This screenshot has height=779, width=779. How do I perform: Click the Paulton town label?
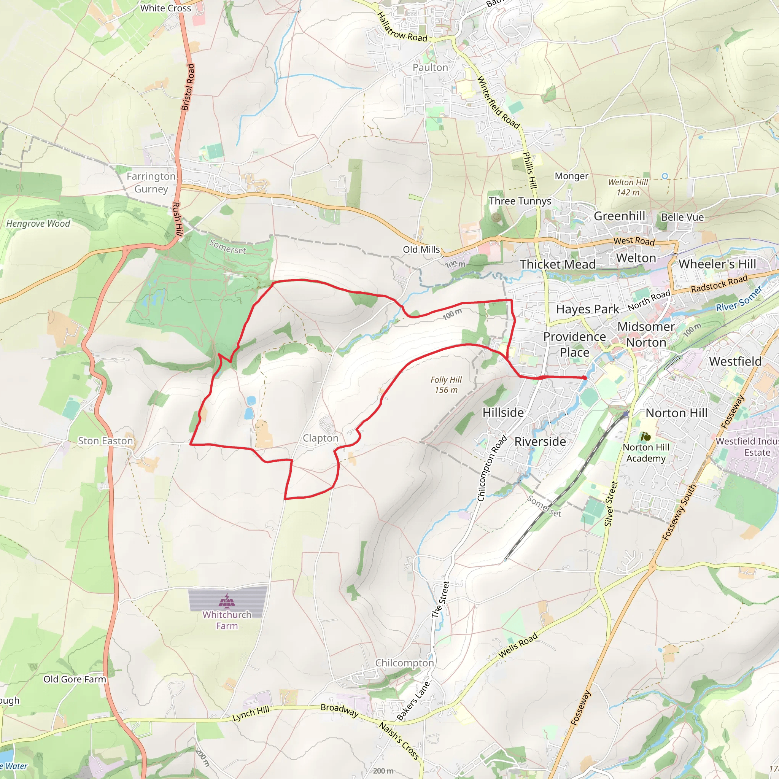click(430, 67)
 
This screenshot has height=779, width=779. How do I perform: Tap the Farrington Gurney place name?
click(151, 183)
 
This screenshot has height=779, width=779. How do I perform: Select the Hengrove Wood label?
click(38, 224)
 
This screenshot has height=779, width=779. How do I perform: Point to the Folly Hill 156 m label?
click(446, 385)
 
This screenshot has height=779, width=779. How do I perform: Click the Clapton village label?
click(321, 438)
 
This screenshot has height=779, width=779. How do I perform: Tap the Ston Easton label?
click(105, 441)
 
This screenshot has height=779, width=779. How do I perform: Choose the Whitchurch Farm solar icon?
click(227, 601)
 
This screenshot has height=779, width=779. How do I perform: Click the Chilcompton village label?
click(404, 663)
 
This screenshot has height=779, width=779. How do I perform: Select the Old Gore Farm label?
click(75, 679)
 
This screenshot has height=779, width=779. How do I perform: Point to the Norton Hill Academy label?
click(646, 453)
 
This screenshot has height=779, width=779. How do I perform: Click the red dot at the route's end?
click(585, 378)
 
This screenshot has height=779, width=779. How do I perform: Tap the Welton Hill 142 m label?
click(628, 188)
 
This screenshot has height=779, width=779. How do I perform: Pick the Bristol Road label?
click(188, 87)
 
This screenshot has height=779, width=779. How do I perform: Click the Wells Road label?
click(518, 645)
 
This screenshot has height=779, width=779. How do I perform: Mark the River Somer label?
click(739, 299)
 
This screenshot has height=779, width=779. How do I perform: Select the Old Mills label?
click(421, 250)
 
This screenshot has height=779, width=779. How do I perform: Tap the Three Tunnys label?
click(520, 201)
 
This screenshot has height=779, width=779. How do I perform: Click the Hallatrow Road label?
click(402, 27)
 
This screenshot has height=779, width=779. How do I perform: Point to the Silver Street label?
click(611, 504)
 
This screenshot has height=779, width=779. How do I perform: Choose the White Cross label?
click(165, 8)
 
